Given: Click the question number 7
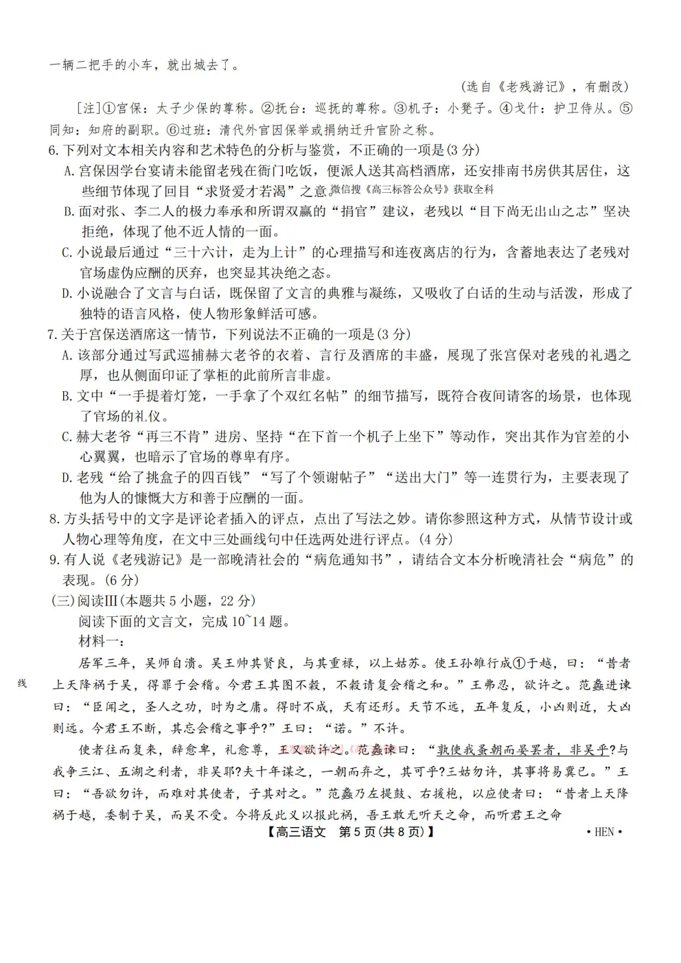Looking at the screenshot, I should [x=52, y=335].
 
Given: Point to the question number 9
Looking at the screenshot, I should [x=52, y=560].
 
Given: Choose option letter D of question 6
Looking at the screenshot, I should [x=68, y=294].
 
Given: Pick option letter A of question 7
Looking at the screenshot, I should [x=68, y=356].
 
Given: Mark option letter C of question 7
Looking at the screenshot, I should [x=68, y=437].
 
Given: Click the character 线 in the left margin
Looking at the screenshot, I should [x=22, y=684].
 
